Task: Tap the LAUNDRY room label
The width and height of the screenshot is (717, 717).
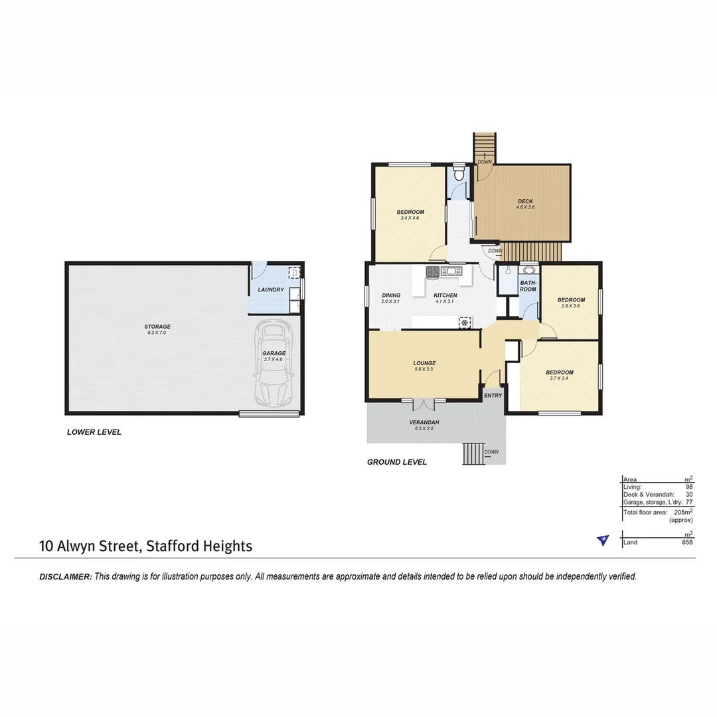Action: point(271,289)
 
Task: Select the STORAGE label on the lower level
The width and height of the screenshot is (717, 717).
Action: point(157,326)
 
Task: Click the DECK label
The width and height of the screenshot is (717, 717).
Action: point(525,201)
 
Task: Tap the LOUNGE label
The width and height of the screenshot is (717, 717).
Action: point(424,362)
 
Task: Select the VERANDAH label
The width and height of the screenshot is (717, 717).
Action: point(424,422)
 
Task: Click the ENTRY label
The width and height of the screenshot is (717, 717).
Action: point(493,395)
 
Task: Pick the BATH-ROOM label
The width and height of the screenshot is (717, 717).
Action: point(528,286)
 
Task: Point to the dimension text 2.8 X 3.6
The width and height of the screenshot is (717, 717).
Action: point(571,306)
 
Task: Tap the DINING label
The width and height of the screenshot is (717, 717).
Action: point(391,295)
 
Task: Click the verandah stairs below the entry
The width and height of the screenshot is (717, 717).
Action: point(474,454)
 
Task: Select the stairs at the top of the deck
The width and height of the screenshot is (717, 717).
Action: point(485,147)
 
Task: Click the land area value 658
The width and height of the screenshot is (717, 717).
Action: point(687,542)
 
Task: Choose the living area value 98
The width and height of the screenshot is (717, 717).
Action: point(689,487)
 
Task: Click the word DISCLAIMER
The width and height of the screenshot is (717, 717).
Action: point(65,577)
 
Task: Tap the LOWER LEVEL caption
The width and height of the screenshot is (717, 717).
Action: point(94,432)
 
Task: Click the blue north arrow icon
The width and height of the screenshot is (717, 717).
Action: point(602,540)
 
